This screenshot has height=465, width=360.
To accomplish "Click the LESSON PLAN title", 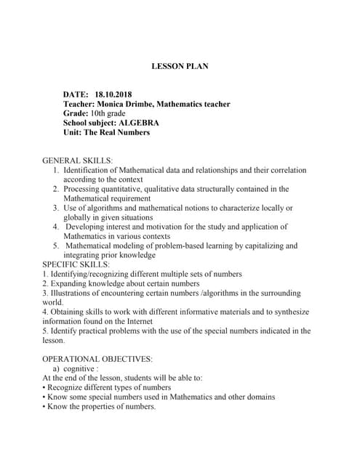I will coord(180,66).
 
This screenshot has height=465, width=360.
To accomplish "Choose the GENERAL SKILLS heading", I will coord(78,160).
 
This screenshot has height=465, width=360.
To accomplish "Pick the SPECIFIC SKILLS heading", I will coord(76,264).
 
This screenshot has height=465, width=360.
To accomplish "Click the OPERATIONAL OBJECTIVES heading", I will coord(97,359).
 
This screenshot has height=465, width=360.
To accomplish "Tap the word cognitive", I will coord(85,368).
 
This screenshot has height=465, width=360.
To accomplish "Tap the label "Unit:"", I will coord(74,133).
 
